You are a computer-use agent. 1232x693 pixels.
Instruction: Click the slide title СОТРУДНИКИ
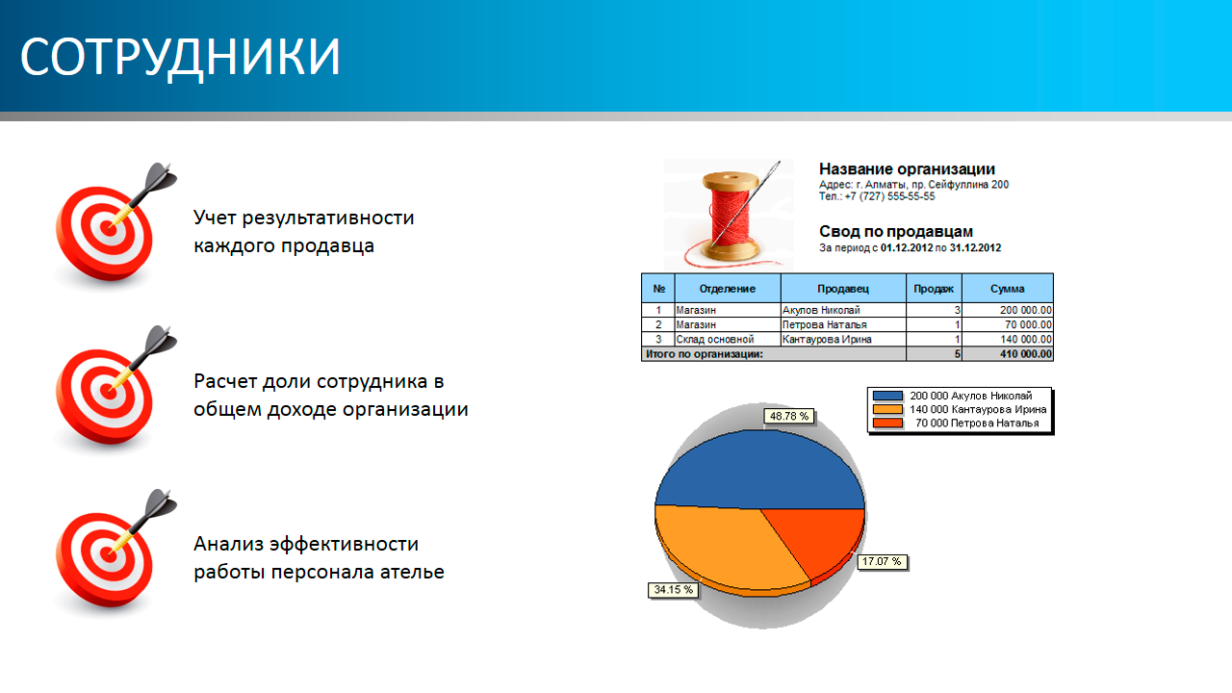click(x=180, y=57)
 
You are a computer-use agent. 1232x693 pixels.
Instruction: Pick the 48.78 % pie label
click(x=788, y=417)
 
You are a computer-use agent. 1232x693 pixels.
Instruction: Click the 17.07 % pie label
click(x=882, y=561)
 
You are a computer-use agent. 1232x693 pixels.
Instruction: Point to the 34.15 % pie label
click(x=673, y=590)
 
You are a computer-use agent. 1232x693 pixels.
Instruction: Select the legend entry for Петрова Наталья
click(x=956, y=423)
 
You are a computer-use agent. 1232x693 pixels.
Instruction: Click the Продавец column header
click(x=843, y=289)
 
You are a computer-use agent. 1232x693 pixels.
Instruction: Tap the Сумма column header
click(x=1008, y=289)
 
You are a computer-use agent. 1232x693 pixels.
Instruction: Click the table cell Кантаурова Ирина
click(x=827, y=340)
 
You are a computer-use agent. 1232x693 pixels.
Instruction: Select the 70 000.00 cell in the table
click(x=1028, y=325)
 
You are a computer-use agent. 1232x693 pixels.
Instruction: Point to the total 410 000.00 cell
click(x=1026, y=354)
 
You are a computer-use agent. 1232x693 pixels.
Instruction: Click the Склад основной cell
click(x=715, y=340)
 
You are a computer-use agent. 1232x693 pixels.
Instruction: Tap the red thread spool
click(x=729, y=216)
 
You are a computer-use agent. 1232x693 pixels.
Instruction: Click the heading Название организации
click(x=907, y=168)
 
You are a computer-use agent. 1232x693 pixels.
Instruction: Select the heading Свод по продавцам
click(x=896, y=232)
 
